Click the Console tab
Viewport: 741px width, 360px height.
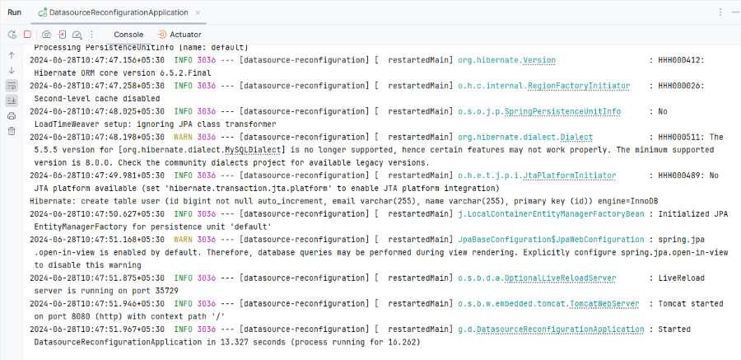point(128,35)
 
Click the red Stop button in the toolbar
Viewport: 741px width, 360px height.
point(27,35)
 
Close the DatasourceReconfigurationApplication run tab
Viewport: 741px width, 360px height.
point(198,13)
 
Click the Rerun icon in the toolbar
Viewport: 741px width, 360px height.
point(12,35)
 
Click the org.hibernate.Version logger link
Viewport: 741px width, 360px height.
point(506,60)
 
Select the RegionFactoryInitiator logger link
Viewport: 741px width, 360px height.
point(544,86)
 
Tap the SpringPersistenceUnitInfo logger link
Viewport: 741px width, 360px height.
point(539,112)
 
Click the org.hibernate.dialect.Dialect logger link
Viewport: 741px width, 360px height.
point(525,138)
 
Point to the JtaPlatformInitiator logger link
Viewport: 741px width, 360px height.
point(537,175)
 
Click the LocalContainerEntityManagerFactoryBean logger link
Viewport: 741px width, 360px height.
point(551,214)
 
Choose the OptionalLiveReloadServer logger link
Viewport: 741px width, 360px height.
point(537,278)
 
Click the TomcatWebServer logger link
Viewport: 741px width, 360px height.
point(548,304)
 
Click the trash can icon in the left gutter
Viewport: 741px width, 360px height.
point(12,131)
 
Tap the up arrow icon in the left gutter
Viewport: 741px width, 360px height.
point(12,55)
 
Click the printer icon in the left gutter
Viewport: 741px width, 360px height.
point(12,116)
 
